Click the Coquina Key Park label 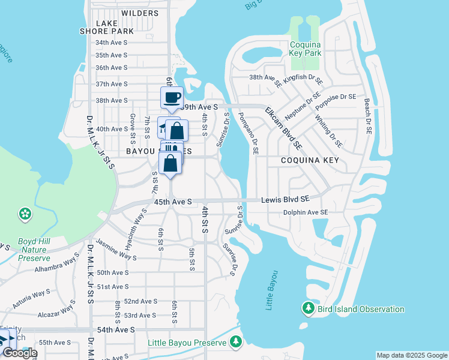pyautogui.click(x=306, y=49)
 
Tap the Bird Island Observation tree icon pyautogui.click(x=308, y=308)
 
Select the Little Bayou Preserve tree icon pyautogui.click(x=236, y=342)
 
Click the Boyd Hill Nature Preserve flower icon pyautogui.click(x=25, y=213)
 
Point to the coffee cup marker pyautogui.click(x=172, y=97)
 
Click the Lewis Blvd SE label pyautogui.click(x=285, y=199)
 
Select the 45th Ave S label pyautogui.click(x=173, y=202)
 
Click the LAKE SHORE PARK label pyautogui.click(x=107, y=27)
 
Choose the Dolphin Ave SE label pyautogui.click(x=306, y=212)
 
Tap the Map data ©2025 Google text pyautogui.click(x=411, y=355)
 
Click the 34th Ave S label pyautogui.click(x=112, y=43)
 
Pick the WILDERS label pyautogui.click(x=140, y=13)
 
